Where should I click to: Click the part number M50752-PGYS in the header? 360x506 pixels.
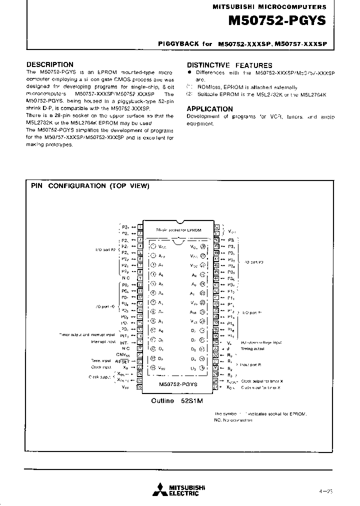276,21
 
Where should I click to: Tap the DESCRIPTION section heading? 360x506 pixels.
49,64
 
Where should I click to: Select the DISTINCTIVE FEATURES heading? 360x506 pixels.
229,65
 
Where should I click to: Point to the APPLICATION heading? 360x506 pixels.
209,108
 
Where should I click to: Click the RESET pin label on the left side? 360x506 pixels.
122,361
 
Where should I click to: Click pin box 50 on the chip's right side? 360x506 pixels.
216,239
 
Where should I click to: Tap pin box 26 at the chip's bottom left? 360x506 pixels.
140,386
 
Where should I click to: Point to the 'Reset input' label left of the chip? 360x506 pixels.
100,360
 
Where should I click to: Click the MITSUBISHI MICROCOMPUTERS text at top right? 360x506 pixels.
269,7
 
